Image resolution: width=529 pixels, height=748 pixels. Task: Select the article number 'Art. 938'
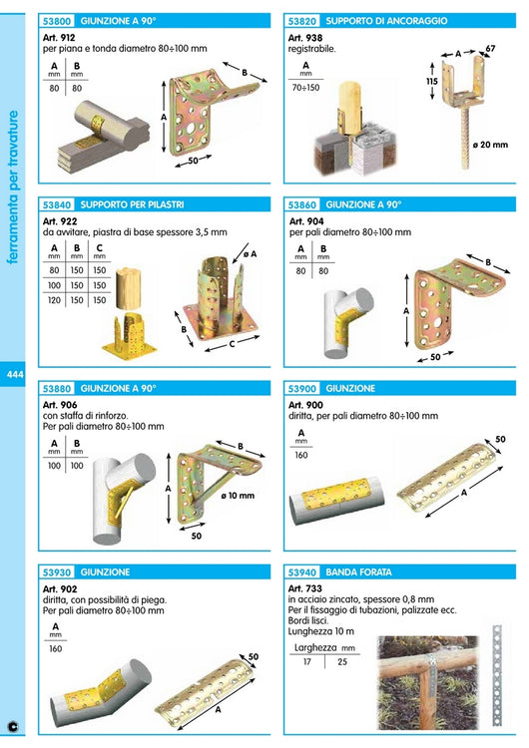click(305, 36)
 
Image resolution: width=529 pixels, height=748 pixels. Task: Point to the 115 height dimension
click(431, 83)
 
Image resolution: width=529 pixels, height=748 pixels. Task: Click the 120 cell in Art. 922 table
click(54, 300)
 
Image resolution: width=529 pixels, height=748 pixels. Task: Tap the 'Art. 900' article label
click(305, 405)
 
